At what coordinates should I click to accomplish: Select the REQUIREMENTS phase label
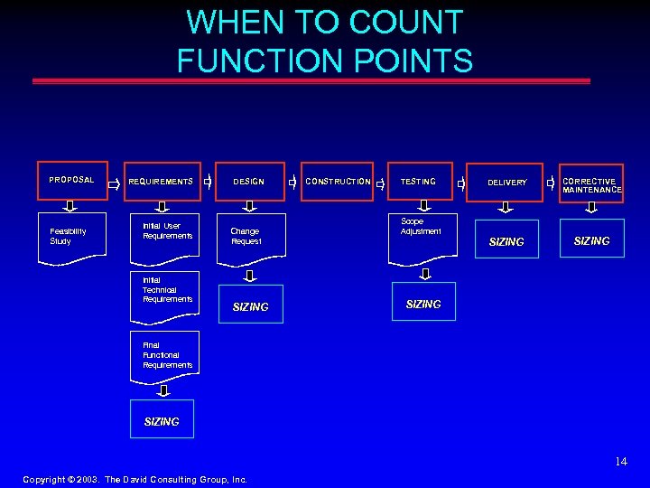(161, 182)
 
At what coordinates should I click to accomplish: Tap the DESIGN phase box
(249, 182)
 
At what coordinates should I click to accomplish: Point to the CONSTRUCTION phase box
(339, 182)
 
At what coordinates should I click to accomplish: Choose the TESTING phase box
(418, 182)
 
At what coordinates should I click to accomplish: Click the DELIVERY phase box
(506, 183)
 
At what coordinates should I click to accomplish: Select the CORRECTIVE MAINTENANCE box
(591, 184)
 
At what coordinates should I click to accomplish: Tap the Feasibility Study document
(71, 237)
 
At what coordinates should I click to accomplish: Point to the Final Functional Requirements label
(167, 355)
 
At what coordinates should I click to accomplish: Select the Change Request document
(250, 237)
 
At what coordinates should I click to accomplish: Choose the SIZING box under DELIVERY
(506, 241)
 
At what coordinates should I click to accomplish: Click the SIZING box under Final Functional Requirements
(162, 421)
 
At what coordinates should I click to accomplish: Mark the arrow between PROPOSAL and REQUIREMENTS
(114, 183)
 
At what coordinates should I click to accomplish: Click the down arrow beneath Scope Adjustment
(422, 273)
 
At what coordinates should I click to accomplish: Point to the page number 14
(620, 462)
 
